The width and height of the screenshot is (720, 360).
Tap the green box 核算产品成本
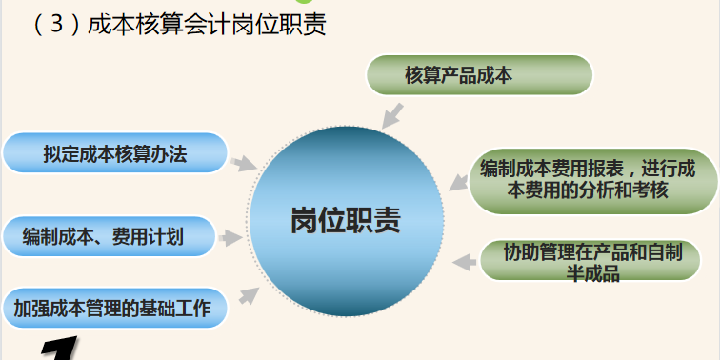pos(479,75)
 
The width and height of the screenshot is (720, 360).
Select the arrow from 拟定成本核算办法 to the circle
pos(244,163)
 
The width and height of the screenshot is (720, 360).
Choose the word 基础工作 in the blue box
pos(190,307)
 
